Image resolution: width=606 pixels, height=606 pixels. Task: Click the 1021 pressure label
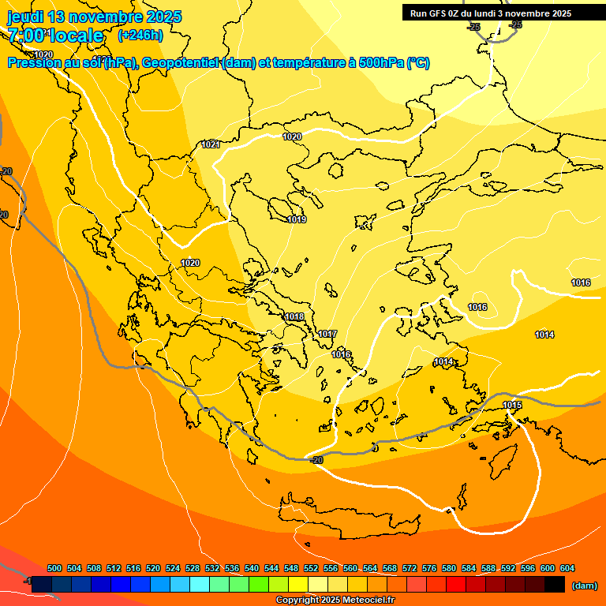(211, 144)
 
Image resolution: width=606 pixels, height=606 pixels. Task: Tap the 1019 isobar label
(297, 219)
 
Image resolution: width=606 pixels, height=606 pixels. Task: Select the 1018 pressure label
(294, 316)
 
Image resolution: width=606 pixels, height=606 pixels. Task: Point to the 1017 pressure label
(328, 334)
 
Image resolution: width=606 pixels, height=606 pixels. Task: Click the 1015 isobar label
(512, 405)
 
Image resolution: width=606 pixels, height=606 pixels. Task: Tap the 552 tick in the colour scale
(312, 568)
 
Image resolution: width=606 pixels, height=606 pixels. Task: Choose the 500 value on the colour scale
(54, 568)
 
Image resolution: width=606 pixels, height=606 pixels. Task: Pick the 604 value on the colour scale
(567, 568)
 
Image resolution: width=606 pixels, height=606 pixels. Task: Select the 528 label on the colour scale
(193, 568)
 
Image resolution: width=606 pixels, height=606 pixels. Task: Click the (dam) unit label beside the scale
(585, 585)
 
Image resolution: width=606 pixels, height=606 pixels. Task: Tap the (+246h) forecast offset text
(140, 35)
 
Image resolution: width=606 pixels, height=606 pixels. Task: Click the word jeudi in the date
(26, 17)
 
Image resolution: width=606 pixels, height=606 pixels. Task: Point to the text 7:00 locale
(55, 36)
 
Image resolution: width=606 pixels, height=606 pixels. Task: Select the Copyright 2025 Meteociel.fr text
(335, 600)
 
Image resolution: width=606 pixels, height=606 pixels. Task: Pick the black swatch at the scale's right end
(555, 584)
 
